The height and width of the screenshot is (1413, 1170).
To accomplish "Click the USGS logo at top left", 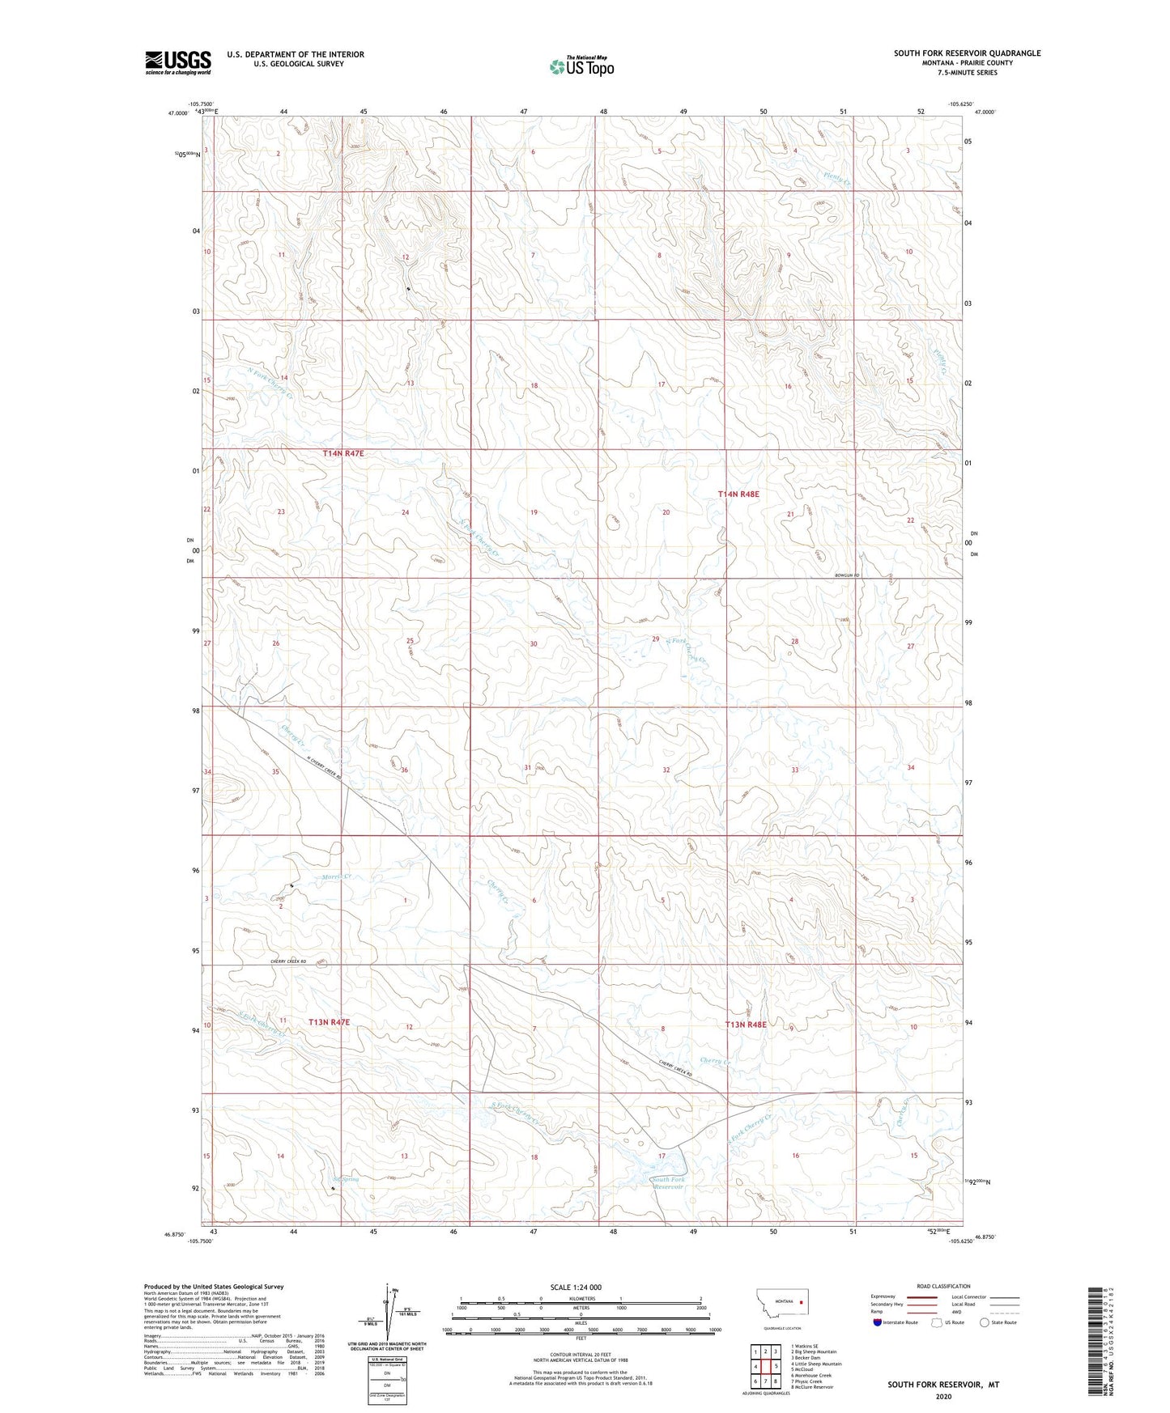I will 178,62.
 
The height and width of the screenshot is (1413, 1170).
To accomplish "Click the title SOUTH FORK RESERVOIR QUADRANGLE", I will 967,53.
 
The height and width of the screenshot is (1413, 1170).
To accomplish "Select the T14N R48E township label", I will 738,494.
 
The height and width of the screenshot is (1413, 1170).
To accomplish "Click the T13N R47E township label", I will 330,1022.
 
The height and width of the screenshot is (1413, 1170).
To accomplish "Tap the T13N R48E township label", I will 745,1025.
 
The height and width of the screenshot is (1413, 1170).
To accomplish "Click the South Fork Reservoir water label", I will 669,1183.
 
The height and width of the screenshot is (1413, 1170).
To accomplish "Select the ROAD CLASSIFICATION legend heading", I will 943,1286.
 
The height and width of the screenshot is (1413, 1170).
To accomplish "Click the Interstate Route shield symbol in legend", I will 878,1322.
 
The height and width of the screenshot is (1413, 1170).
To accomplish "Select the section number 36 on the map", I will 405,770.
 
